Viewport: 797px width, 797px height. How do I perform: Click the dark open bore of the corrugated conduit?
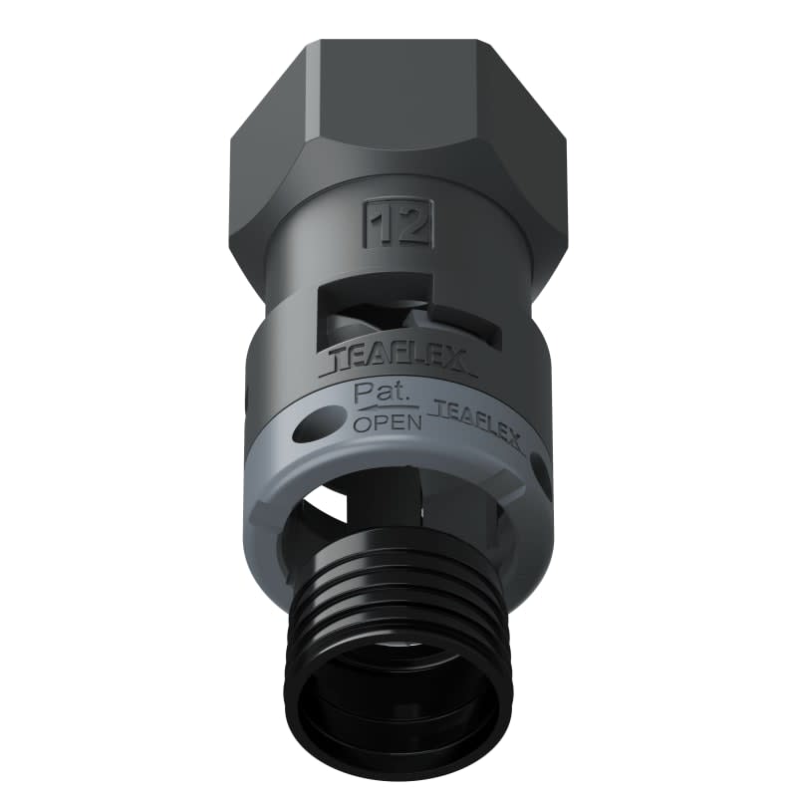click(398, 697)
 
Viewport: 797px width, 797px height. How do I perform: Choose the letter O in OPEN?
click(363, 422)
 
